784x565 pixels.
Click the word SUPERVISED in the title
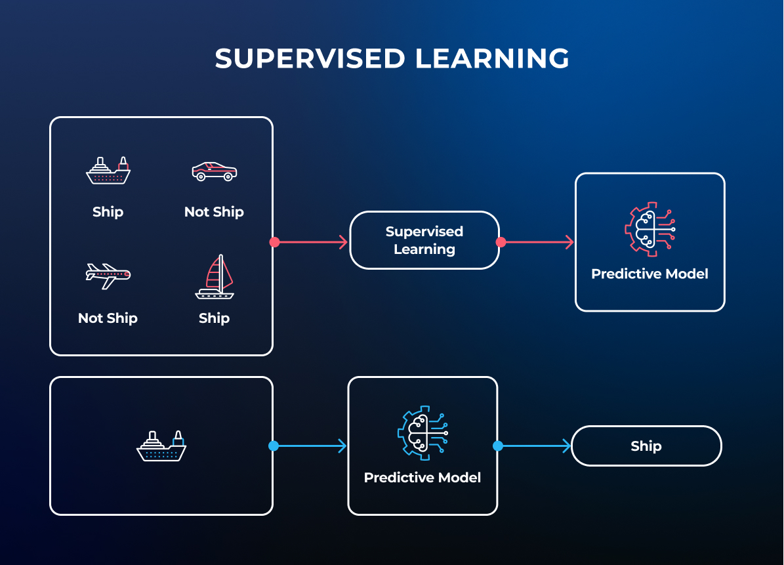click(310, 58)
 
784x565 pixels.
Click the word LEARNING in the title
click(493, 58)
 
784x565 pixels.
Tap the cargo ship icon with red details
click(108, 171)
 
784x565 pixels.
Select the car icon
click(215, 171)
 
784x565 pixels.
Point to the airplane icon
click(108, 276)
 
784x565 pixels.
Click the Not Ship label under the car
click(214, 212)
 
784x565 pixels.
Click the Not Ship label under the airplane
click(108, 318)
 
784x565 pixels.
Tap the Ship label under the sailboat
click(214, 318)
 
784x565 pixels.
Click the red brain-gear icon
click(650, 229)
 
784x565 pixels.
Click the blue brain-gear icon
click(423, 433)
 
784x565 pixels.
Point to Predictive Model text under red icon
click(650, 274)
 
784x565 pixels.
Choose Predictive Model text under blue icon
click(423, 478)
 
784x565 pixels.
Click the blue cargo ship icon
click(161, 446)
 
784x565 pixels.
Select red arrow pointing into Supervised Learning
click(311, 242)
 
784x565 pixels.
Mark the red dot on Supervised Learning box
click(501, 242)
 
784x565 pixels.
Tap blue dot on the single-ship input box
click(274, 446)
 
